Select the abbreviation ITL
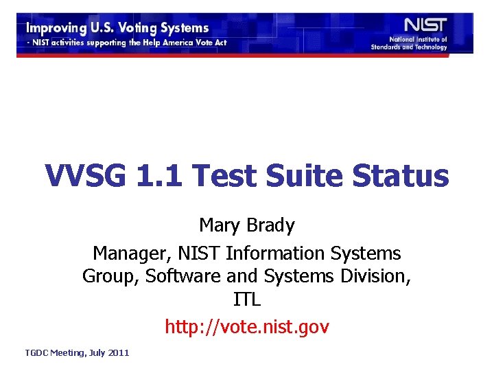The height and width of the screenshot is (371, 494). pos(247,301)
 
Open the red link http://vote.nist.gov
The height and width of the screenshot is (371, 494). pos(247,327)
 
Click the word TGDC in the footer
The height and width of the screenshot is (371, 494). pos(36,352)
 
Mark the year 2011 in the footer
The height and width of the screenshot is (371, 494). pos(118,352)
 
